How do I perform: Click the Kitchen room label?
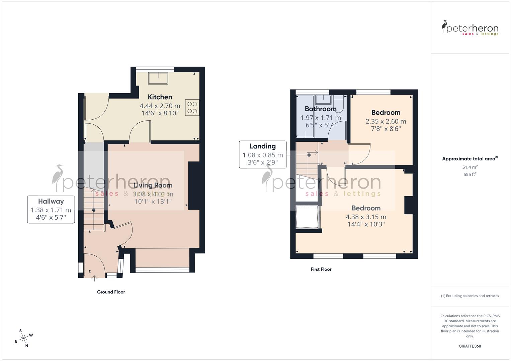(160, 97)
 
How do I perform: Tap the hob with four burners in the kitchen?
(192, 108)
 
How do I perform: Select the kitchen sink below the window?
(158, 78)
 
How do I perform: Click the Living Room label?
(153, 185)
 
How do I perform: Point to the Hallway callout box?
(51, 210)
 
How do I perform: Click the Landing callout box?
(263, 154)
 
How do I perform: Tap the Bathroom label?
(321, 109)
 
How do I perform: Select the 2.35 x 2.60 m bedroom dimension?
(386, 121)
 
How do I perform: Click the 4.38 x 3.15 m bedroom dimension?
(366, 217)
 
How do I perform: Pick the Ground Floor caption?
(111, 292)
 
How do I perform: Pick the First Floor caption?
(321, 269)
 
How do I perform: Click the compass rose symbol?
(23, 338)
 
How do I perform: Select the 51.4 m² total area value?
(470, 167)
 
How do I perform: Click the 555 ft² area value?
(470, 174)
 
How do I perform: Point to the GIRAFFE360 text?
(470, 346)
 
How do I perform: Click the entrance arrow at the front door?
(94, 277)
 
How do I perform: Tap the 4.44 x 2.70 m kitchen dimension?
(160, 106)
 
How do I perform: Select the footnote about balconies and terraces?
(470, 296)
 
